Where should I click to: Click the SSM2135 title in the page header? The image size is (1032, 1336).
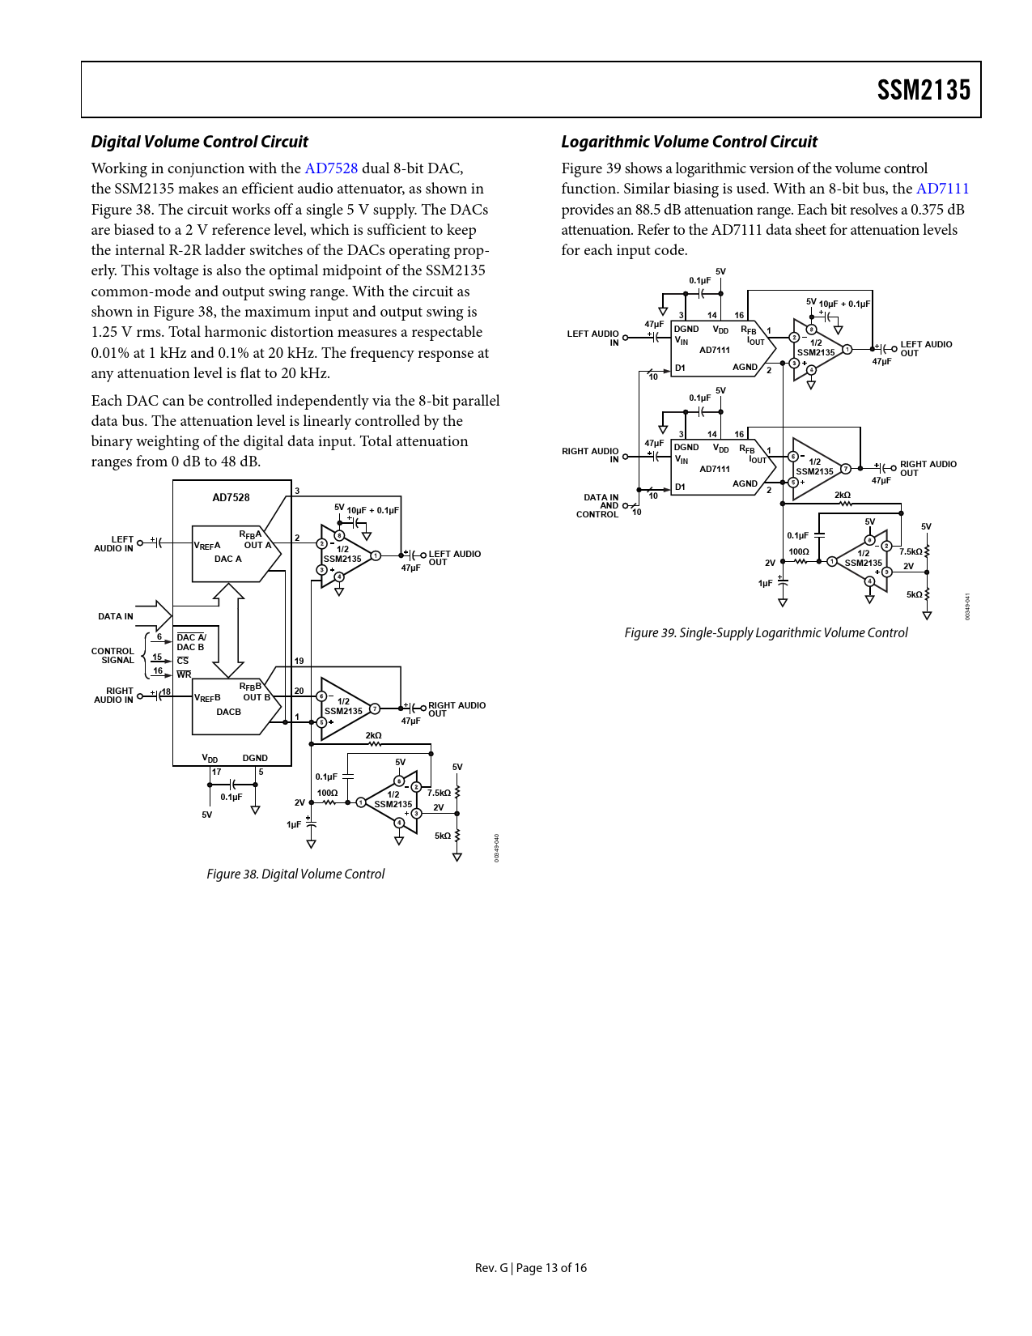pyautogui.click(x=924, y=90)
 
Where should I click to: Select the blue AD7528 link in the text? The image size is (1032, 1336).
pyautogui.click(x=331, y=168)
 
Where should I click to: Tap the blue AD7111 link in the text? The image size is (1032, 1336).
pyautogui.click(x=942, y=189)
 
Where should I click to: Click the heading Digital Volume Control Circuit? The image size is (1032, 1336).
pyautogui.click(x=200, y=142)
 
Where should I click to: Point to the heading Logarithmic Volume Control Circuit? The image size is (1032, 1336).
pyautogui.click(x=689, y=142)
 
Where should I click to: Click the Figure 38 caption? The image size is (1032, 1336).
pyautogui.click(x=295, y=874)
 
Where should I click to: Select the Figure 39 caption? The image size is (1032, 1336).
pyautogui.click(x=766, y=632)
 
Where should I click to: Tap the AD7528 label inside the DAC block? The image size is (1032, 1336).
pyautogui.click(x=231, y=497)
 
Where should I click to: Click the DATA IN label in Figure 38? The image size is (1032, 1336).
pyautogui.click(x=116, y=616)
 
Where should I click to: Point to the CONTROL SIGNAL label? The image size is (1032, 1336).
pyautogui.click(x=113, y=655)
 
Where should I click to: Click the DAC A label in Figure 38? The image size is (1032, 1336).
pyautogui.click(x=228, y=559)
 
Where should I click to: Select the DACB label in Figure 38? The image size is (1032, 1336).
pyautogui.click(x=228, y=712)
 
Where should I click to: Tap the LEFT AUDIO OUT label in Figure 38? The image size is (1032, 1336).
pyautogui.click(x=454, y=558)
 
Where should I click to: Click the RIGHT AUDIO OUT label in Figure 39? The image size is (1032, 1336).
pyautogui.click(x=928, y=469)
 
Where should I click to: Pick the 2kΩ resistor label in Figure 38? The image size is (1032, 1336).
pyautogui.click(x=374, y=735)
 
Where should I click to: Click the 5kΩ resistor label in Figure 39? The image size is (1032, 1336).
pyautogui.click(x=915, y=594)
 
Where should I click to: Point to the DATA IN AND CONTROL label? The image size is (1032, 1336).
pyautogui.click(x=598, y=505)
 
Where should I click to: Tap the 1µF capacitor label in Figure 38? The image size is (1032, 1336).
pyautogui.click(x=294, y=824)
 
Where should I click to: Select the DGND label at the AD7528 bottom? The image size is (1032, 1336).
pyautogui.click(x=255, y=758)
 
